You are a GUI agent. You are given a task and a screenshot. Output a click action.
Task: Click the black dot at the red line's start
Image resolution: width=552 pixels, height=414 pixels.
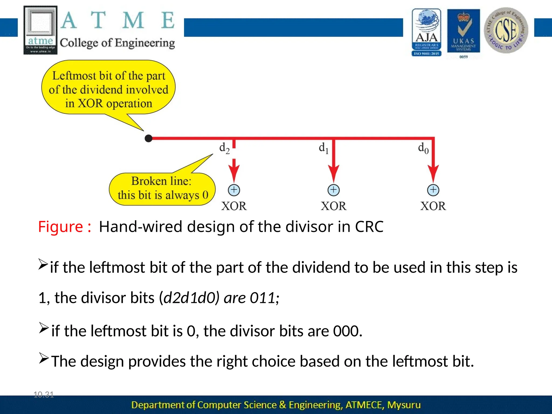pyautogui.click(x=149, y=139)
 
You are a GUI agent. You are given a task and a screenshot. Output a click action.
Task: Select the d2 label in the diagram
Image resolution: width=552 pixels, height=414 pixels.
pyautogui.click(x=224, y=148)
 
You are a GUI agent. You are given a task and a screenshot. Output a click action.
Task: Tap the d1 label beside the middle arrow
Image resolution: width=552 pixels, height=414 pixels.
pyautogui.click(x=323, y=148)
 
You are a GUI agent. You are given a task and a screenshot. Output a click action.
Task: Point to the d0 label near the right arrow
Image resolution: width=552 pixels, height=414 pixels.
pyautogui.click(x=423, y=148)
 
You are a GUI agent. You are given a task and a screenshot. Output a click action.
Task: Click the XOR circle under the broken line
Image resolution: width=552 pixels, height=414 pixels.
pyautogui.click(x=234, y=190)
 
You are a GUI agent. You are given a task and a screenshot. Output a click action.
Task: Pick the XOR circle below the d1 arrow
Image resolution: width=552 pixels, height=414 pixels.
pyautogui.click(x=333, y=190)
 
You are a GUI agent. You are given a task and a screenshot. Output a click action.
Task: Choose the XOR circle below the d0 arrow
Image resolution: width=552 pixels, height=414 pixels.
pyautogui.click(x=433, y=190)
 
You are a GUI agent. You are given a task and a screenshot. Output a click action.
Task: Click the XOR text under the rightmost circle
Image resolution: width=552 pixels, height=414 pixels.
pyautogui.click(x=433, y=206)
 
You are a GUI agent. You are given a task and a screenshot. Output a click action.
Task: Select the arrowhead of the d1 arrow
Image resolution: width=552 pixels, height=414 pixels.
pyautogui.click(x=333, y=174)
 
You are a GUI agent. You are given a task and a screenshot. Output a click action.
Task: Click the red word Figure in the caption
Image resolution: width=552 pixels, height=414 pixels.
pyautogui.click(x=61, y=227)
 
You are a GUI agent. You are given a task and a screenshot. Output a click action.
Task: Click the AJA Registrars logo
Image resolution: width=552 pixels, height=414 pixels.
pyautogui.click(x=426, y=32)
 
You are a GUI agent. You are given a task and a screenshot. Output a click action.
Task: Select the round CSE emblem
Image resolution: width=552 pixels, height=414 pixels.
pyautogui.click(x=506, y=30)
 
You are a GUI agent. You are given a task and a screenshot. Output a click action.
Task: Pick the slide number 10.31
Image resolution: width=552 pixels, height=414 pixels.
pyautogui.click(x=44, y=395)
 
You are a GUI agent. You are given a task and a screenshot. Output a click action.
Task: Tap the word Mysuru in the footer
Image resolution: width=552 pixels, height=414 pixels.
pyautogui.click(x=404, y=405)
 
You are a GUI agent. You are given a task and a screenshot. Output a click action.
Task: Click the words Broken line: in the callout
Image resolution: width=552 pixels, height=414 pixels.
pyautogui.click(x=161, y=181)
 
